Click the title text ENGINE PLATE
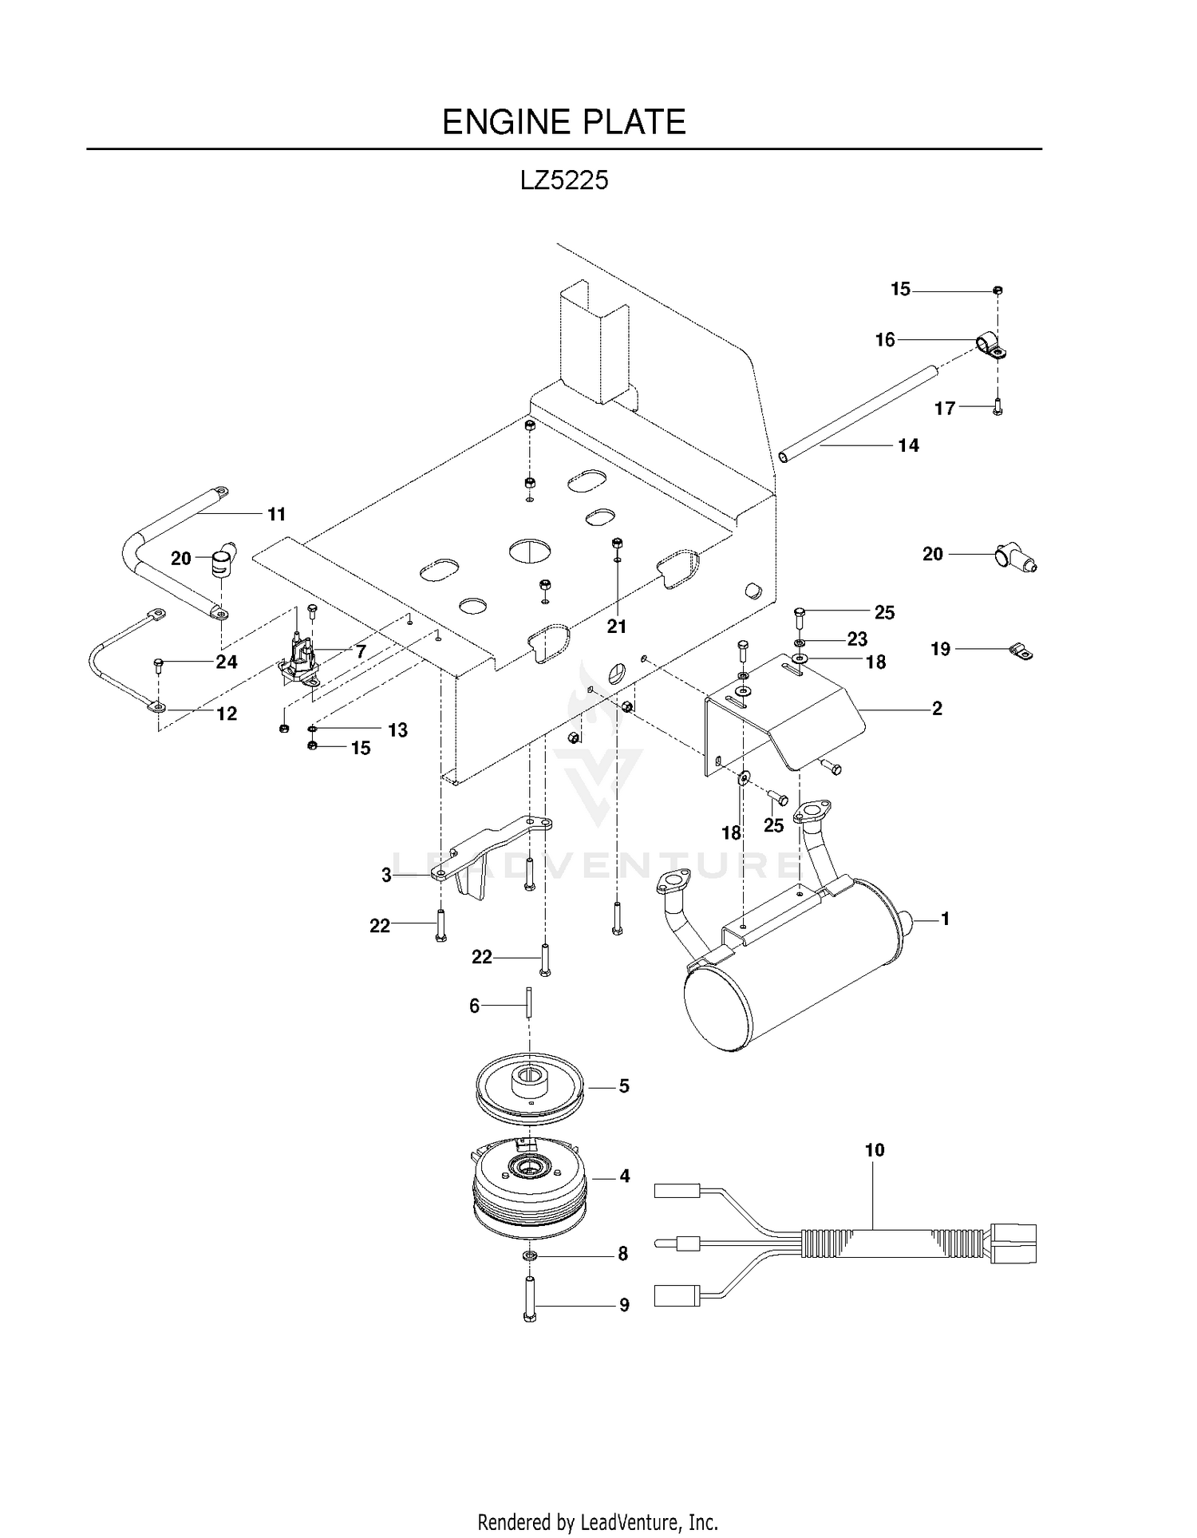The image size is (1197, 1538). (x=564, y=122)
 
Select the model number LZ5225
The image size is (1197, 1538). (x=564, y=180)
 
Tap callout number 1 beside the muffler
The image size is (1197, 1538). (x=946, y=919)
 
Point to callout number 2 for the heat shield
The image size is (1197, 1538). (x=937, y=709)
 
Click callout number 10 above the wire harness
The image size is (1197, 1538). (x=875, y=1150)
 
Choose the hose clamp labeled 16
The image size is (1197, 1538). (x=992, y=346)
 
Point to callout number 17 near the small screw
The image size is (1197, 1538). (x=945, y=409)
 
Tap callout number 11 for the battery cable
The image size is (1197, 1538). (x=276, y=515)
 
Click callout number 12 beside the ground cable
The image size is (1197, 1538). (x=227, y=714)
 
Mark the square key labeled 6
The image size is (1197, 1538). (x=528, y=1002)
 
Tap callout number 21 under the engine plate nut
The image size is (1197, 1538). (x=617, y=627)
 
